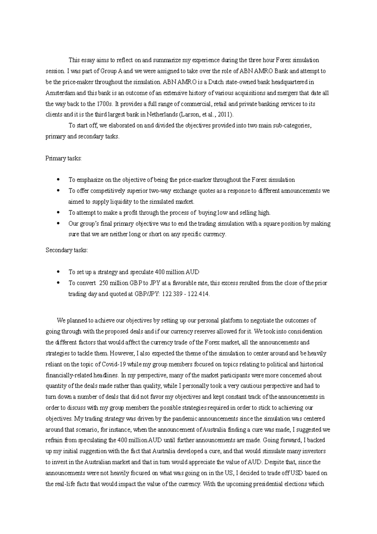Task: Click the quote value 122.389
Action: click(x=172, y=294)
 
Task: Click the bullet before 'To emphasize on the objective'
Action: click(x=58, y=180)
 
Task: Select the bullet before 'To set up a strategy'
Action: click(x=58, y=272)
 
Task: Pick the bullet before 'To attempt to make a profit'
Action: click(x=58, y=213)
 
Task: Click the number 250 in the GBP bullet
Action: click(x=104, y=283)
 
